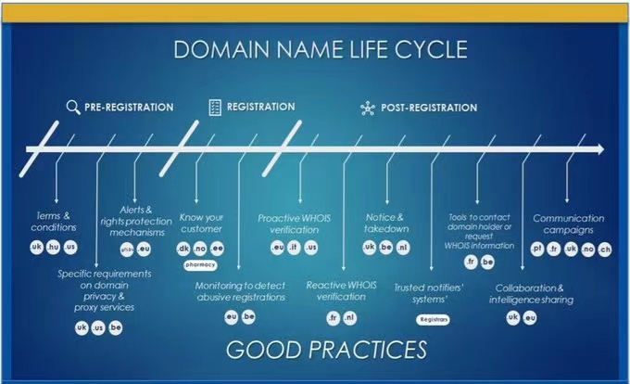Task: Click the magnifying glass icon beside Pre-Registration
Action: pos(73,107)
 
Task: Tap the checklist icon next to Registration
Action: pos(214,107)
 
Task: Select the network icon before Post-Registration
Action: pos(366,108)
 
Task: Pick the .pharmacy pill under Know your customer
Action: pos(200,264)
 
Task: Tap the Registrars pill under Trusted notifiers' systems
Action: pos(434,318)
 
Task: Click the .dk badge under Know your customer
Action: pos(183,249)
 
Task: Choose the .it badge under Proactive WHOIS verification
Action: pos(294,248)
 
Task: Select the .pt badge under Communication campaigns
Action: pos(537,249)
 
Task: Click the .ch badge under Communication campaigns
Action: pos(604,249)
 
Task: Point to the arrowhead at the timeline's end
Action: pos(599,149)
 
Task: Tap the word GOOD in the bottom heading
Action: pos(263,350)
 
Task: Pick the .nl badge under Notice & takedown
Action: pos(402,248)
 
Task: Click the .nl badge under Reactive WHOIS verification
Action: pos(348,317)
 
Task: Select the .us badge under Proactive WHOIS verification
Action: pos(311,248)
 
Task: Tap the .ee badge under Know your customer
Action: pos(217,249)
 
